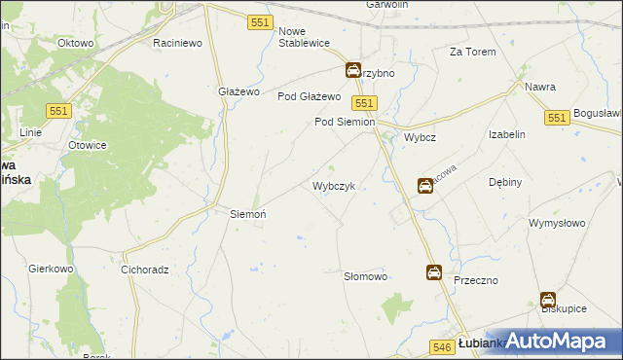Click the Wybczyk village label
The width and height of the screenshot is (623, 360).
tap(339, 186)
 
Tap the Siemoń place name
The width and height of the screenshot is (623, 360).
tap(247, 213)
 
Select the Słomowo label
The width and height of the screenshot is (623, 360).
tap(366, 277)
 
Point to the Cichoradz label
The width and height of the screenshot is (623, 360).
tap(146, 270)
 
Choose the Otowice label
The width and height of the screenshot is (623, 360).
tap(86, 146)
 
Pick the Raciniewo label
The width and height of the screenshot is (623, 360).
tap(177, 44)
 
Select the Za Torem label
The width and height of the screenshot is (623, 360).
tap(472, 52)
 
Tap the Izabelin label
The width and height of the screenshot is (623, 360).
tap(507, 134)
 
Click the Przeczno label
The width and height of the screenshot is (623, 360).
tap(476, 280)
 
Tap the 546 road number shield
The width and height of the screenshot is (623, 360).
tap(441, 346)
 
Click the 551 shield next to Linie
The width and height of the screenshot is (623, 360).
tap(57, 112)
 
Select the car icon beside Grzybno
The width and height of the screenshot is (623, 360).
tap(353, 70)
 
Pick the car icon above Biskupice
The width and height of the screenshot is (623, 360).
tap(548, 302)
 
